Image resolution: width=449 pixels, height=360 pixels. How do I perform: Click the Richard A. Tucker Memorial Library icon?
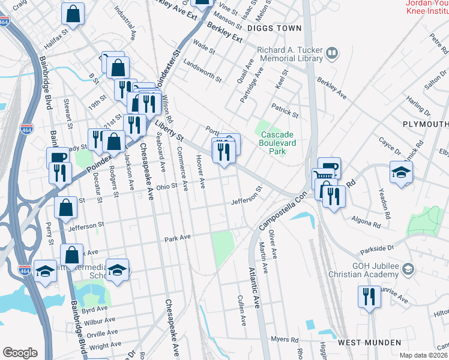point(331,55)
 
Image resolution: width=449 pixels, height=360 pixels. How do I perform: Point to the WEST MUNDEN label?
point(369,343)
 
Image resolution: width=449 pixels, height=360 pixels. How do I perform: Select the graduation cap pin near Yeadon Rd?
point(400,172)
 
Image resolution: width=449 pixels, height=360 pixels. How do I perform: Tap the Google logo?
point(20,353)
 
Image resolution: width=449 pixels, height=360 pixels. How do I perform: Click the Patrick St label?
point(284,112)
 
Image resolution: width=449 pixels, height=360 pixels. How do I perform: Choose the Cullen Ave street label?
point(242,311)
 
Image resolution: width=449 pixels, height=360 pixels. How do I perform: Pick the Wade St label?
point(204,47)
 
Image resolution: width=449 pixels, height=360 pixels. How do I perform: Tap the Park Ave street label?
point(178,238)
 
